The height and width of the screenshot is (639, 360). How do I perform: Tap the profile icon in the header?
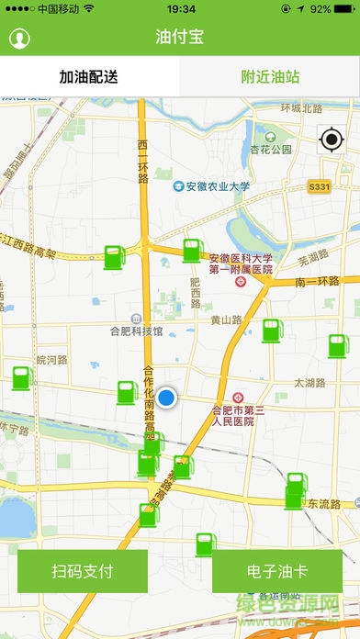pyautogui.click(x=19, y=39)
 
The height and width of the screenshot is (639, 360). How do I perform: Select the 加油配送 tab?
pyautogui.click(x=89, y=77)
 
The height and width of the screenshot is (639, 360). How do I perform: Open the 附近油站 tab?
pyautogui.click(x=270, y=77)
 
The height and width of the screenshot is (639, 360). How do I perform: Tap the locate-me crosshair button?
pyautogui.click(x=331, y=140)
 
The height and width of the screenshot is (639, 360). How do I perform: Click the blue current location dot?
pyautogui.click(x=166, y=398)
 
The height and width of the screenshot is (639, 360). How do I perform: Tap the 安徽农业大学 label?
pyautogui.click(x=217, y=186)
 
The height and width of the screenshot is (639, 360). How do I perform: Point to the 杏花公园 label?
pyautogui.click(x=270, y=149)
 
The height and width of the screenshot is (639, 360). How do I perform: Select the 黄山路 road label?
pyautogui.click(x=226, y=320)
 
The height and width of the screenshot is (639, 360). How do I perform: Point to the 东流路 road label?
pyautogui.click(x=324, y=504)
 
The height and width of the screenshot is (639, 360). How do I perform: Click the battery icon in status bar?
pyautogui.click(x=344, y=8)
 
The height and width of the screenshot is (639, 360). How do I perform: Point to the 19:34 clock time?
pyautogui.click(x=181, y=8)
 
